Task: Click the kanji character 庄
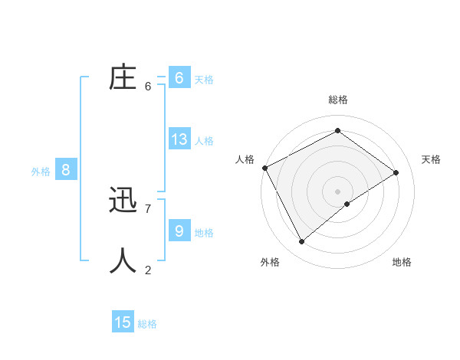[123, 78]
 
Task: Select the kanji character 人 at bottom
[123, 261]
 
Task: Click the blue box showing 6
[179, 78]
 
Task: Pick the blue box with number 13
[179, 139]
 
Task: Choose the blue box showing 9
[179, 231]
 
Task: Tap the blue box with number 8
[65, 170]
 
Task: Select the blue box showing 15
[123, 322]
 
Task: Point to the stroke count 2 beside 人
[148, 269]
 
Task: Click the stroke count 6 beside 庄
[148, 87]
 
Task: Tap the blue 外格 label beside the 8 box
[41, 172]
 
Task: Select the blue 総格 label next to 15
[147, 324]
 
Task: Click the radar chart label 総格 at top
[338, 100]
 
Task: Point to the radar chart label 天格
[431, 159]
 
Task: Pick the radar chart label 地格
[402, 262]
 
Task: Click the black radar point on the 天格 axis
[396, 172]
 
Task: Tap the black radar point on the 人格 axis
[264, 168]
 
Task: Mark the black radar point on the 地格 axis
[347, 204]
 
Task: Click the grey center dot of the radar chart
[337, 191]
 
